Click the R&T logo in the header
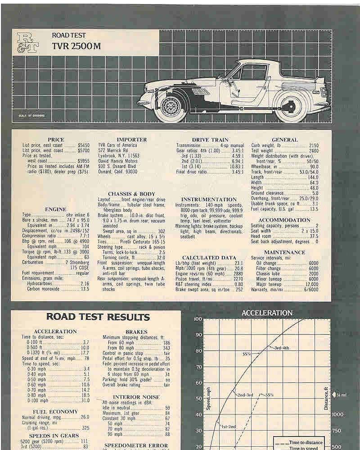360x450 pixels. [x=28, y=41]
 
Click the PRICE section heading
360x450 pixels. [x=56, y=140]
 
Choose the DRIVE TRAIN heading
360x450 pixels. [x=210, y=140]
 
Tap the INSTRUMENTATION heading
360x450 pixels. [x=208, y=199]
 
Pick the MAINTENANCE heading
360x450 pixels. [x=284, y=253]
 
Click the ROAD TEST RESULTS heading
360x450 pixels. [x=98, y=317]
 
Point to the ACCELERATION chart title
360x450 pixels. [x=267, y=313]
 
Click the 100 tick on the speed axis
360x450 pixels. [x=198, y=319]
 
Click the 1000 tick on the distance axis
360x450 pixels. [x=337, y=414]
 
